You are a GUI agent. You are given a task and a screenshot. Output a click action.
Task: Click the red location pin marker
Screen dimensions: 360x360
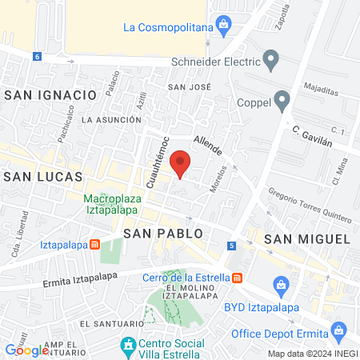click(182, 162)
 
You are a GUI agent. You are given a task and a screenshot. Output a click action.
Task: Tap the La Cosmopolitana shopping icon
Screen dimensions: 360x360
click(224, 26)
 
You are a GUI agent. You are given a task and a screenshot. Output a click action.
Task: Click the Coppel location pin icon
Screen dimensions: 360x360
click(281, 101)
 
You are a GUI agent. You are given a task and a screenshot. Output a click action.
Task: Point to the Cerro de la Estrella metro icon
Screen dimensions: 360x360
click(237, 278)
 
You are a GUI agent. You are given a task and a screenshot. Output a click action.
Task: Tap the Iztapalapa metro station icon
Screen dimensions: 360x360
click(94, 244)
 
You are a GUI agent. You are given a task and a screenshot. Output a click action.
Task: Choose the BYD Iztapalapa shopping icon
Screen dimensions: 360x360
click(281, 285)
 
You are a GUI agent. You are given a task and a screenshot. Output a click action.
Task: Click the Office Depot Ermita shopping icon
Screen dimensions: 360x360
click(339, 330)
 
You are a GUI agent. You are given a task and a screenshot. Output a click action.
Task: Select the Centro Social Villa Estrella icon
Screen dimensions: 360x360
click(127, 346)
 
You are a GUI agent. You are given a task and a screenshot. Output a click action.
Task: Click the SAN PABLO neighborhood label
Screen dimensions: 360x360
click(159, 233)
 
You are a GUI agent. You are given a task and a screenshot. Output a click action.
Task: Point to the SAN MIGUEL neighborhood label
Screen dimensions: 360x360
click(307, 238)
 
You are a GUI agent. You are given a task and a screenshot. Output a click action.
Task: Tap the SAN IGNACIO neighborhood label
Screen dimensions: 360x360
click(50, 94)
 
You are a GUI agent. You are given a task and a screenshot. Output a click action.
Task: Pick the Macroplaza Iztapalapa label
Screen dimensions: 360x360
click(112, 205)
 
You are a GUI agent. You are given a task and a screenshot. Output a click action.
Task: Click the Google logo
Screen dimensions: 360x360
click(27, 350)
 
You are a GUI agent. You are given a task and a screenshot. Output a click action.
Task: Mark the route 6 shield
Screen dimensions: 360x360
click(37, 56)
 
